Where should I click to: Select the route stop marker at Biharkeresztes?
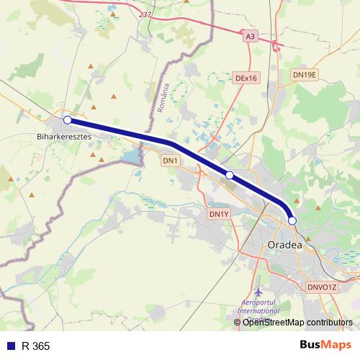(67, 120)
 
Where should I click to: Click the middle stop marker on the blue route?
(230, 175)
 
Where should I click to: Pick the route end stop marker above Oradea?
(292, 221)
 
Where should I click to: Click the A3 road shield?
(250, 35)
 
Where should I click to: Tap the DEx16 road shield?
(246, 78)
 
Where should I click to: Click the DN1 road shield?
(170, 160)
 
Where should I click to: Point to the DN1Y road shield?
(218, 214)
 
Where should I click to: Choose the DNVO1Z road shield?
(322, 287)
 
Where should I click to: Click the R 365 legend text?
(36, 346)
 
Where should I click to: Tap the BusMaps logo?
(324, 346)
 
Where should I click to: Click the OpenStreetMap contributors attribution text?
(297, 323)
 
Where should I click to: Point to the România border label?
(162, 99)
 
